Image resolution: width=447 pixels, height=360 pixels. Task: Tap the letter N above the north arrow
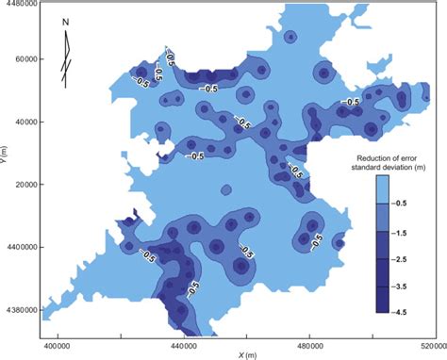[63, 22]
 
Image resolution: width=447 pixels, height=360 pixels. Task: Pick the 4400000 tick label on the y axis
[20, 247]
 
